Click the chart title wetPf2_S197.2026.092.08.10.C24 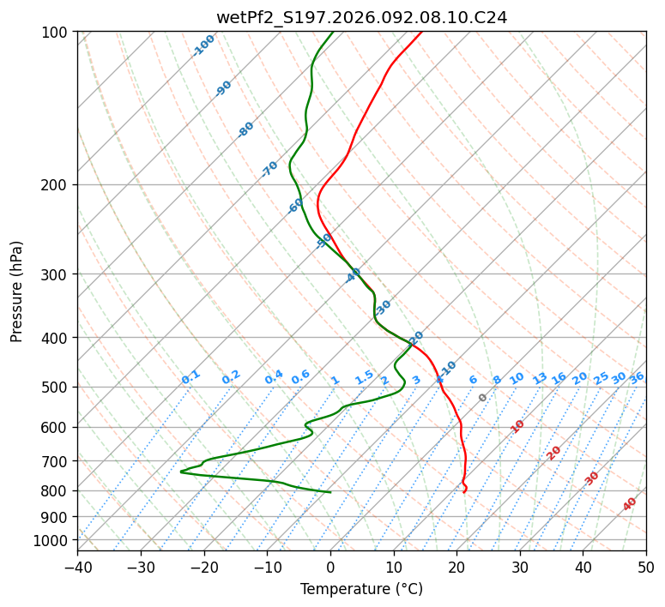pyautogui.click(x=361, y=17)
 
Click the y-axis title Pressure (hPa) pyautogui.click(x=17, y=291)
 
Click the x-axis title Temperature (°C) pyautogui.click(x=361, y=589)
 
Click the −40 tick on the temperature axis pyautogui.click(x=77, y=567)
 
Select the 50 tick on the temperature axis pyautogui.click(x=646, y=567)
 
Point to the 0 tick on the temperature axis pyautogui.click(x=330, y=567)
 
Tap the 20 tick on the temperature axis pyautogui.click(x=456, y=567)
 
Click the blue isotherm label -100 pyautogui.click(x=203, y=45)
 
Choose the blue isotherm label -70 pyautogui.click(x=269, y=169)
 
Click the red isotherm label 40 pyautogui.click(x=630, y=504)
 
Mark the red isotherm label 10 pyautogui.click(x=517, y=426)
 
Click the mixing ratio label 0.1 pyautogui.click(x=190, y=376)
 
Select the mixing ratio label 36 pyautogui.click(x=637, y=377)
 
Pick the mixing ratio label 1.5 pyautogui.click(x=364, y=376)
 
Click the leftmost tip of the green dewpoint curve pyautogui.click(x=181, y=472)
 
